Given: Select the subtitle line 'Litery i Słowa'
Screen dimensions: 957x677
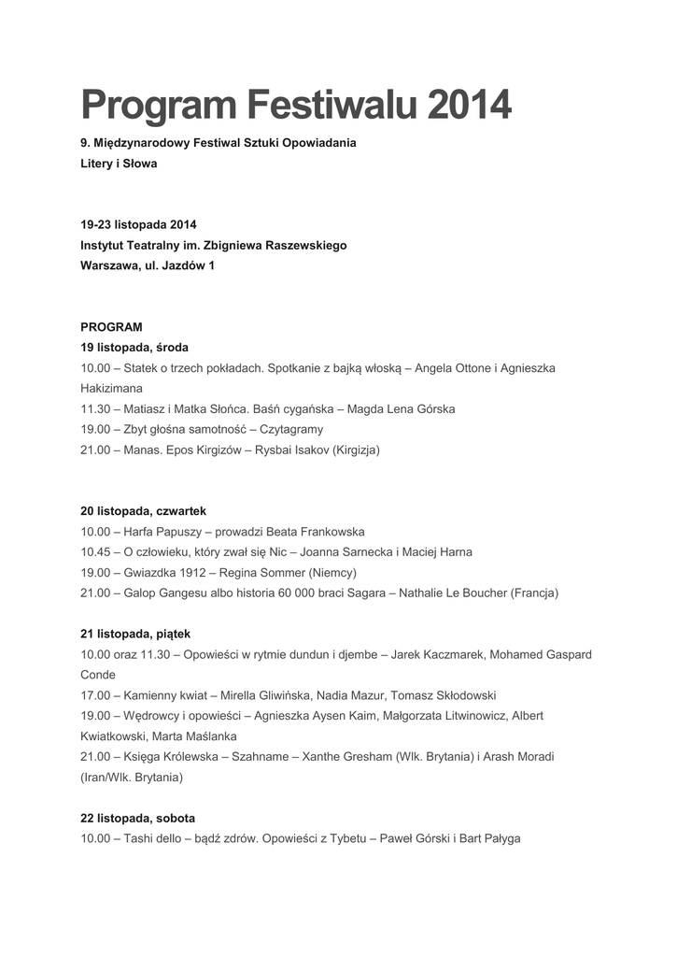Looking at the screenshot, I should click(119, 164).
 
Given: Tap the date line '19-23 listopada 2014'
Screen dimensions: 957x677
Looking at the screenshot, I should click(138, 224).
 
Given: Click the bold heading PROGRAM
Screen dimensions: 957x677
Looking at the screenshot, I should click(111, 327).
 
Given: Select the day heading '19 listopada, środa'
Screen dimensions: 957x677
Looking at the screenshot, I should click(134, 348).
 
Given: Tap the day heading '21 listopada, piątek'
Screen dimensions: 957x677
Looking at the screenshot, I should click(135, 634).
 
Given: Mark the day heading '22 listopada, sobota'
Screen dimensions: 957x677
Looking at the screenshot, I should click(138, 818).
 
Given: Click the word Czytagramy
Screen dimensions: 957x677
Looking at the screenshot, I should click(291, 429).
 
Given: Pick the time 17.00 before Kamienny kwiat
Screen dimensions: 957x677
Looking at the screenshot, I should click(95, 695).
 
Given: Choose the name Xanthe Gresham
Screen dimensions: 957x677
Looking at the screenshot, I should click(349, 756).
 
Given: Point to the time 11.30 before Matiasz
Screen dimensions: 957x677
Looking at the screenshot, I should click(95, 408).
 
